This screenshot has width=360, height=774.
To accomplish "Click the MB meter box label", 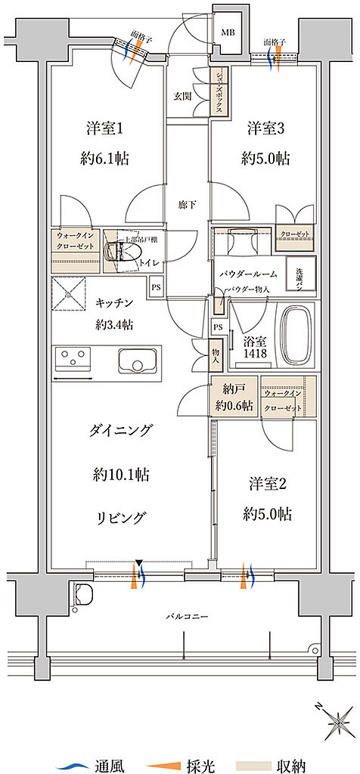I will (228, 33).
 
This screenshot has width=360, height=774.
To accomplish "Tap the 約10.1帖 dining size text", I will (121, 475).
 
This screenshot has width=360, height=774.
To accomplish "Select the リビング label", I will (121, 517).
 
